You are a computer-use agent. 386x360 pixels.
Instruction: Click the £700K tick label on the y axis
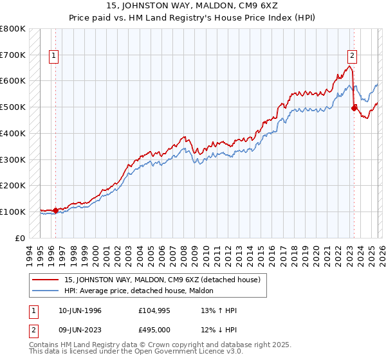point(13,55)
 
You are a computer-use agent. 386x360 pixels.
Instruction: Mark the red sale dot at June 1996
point(56,210)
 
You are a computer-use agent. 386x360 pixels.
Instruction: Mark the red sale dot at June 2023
point(353,109)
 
